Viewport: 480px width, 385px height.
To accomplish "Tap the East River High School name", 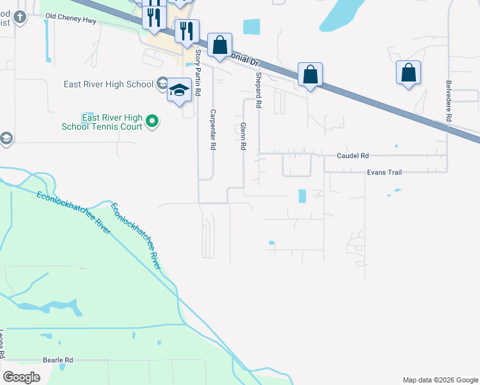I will click(x=108, y=84).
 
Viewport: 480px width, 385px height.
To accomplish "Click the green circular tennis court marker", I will click(x=152, y=121).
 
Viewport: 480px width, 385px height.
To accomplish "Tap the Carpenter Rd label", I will click(x=212, y=130).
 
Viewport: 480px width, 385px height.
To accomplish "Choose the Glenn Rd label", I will click(x=243, y=137).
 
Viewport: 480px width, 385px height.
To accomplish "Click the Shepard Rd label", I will click(x=259, y=89).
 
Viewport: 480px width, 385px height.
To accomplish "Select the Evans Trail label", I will click(x=384, y=172).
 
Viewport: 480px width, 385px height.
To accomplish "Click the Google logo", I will click(x=21, y=377).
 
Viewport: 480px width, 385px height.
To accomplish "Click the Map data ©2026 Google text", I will click(x=440, y=380).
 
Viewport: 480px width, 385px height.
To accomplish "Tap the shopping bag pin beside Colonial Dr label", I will click(x=219, y=46).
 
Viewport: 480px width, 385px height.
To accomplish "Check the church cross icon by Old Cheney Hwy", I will click(x=20, y=16).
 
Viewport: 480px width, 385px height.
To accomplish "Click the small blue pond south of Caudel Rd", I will click(x=302, y=196).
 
